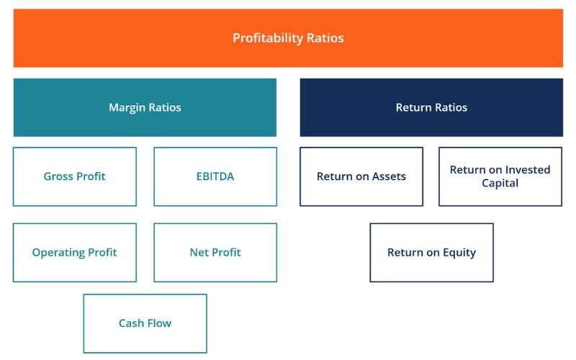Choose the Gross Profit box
[75, 176]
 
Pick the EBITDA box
[215, 176]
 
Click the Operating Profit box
[75, 252]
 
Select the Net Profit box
[215, 252]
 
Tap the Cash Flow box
[145, 323]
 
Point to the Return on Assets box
[361, 176]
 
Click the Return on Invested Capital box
[500, 176]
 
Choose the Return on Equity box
[431, 252]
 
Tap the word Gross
[58, 176]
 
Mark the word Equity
[459, 252]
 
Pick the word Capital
[500, 184]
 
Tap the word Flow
[159, 323]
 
